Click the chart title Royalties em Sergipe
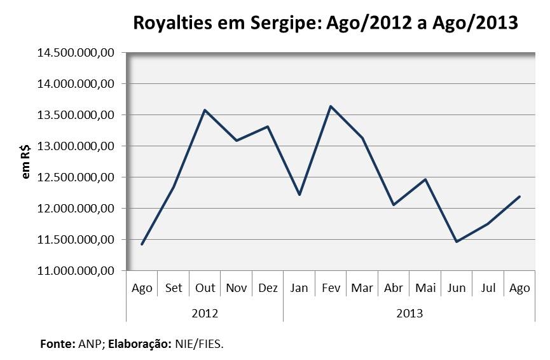pyautogui.click(x=325, y=24)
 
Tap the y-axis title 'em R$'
pyautogui.click(x=26, y=162)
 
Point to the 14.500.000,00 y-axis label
pyautogui.click(x=76, y=53)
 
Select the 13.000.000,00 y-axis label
pyautogui.click(x=76, y=146)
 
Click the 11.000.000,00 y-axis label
pyautogui.click(x=76, y=271)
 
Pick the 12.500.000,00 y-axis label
pyautogui.click(x=76, y=177)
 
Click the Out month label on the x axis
pyautogui.click(x=205, y=288)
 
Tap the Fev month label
pyautogui.click(x=331, y=288)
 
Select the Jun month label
pyautogui.click(x=457, y=288)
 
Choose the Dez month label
pyautogui.click(x=268, y=288)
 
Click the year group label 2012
pyautogui.click(x=205, y=313)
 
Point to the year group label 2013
pyautogui.click(x=409, y=313)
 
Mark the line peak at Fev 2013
pyautogui.click(x=331, y=106)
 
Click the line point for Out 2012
pyautogui.click(x=205, y=110)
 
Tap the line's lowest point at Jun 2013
pyautogui.click(x=457, y=242)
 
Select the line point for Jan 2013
pyautogui.click(x=299, y=195)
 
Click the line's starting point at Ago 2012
pyautogui.click(x=142, y=244)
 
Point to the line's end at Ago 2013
pyautogui.click(x=519, y=197)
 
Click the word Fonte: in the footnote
pyautogui.click(x=58, y=344)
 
